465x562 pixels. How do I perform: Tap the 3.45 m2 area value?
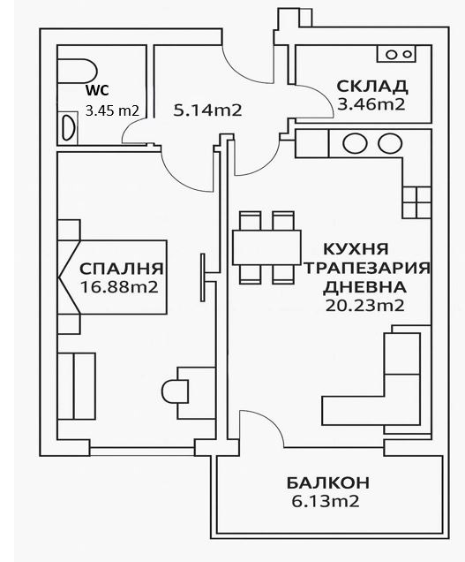(x=113, y=110)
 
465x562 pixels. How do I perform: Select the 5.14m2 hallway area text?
(x=208, y=110)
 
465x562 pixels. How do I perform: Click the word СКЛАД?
(x=371, y=86)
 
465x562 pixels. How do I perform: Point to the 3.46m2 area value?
(x=371, y=104)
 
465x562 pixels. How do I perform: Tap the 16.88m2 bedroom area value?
(x=118, y=286)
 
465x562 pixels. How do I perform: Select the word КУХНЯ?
(x=356, y=249)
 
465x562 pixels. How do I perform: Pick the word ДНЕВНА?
(x=364, y=287)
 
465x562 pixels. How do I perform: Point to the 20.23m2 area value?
(x=364, y=306)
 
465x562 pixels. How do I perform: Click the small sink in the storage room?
(x=396, y=54)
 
